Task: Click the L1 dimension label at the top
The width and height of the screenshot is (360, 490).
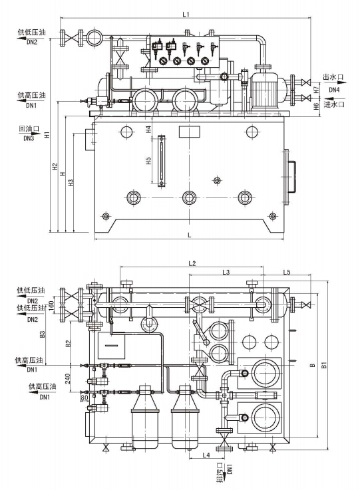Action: point(186,15)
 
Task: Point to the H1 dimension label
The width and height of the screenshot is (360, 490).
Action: point(47,135)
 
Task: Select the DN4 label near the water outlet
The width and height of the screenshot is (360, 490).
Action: point(334,90)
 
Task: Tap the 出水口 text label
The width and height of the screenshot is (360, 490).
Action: point(333,77)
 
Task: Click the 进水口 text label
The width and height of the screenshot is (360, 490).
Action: point(334,104)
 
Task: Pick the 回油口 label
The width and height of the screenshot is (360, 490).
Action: point(29,129)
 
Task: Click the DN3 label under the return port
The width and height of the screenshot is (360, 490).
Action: point(29,138)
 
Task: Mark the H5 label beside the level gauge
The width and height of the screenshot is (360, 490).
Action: point(148,161)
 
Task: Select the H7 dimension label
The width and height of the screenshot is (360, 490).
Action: point(317,90)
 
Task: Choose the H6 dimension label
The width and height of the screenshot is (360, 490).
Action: point(317,106)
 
